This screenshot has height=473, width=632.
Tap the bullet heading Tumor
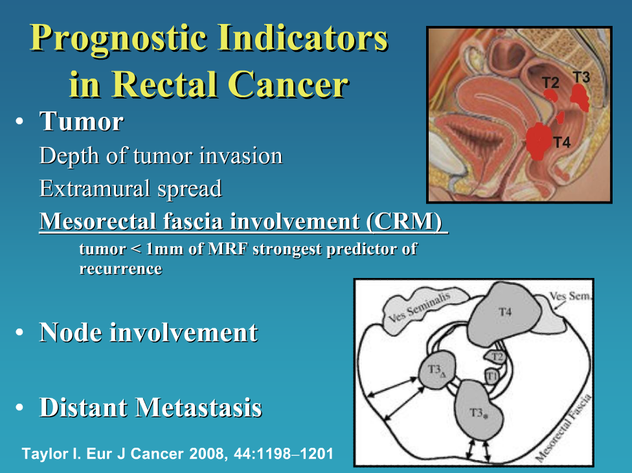pyautogui.click(x=81, y=121)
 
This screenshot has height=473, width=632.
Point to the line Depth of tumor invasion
pyautogui.click(x=161, y=156)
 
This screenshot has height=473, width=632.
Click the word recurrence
pyautogui.click(x=120, y=268)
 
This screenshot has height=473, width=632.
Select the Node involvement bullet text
pyautogui.click(x=148, y=332)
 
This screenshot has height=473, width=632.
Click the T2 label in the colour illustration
pyautogui.click(x=550, y=82)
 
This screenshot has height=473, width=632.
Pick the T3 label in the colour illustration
pyautogui.click(x=581, y=77)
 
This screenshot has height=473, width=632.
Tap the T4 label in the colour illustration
pyautogui.click(x=561, y=143)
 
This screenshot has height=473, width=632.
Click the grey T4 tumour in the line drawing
pyautogui.click(x=505, y=317)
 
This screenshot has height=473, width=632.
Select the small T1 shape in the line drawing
pyautogui.click(x=492, y=375)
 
